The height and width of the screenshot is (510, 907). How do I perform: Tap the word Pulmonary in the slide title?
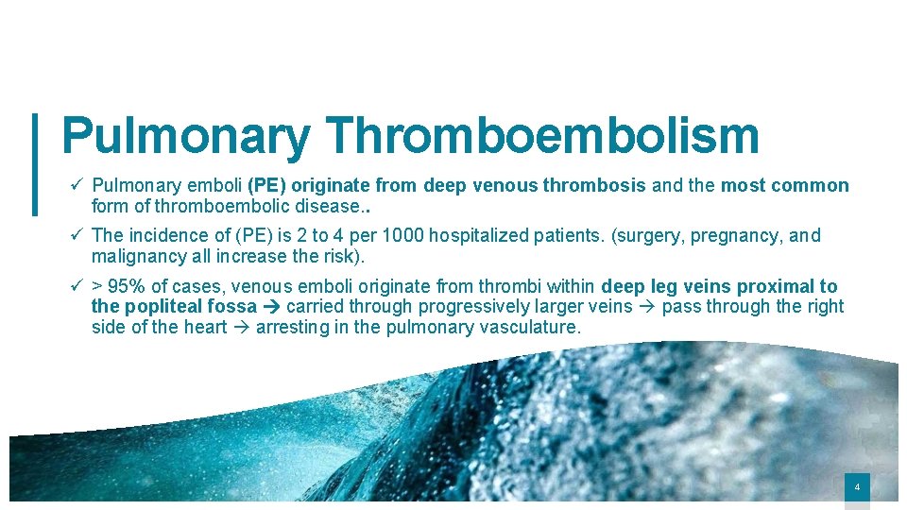(185, 136)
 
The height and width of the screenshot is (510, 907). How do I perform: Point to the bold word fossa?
(235, 306)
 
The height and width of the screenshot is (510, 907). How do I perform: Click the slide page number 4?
(857, 487)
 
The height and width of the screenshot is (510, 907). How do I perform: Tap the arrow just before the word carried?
(270, 306)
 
